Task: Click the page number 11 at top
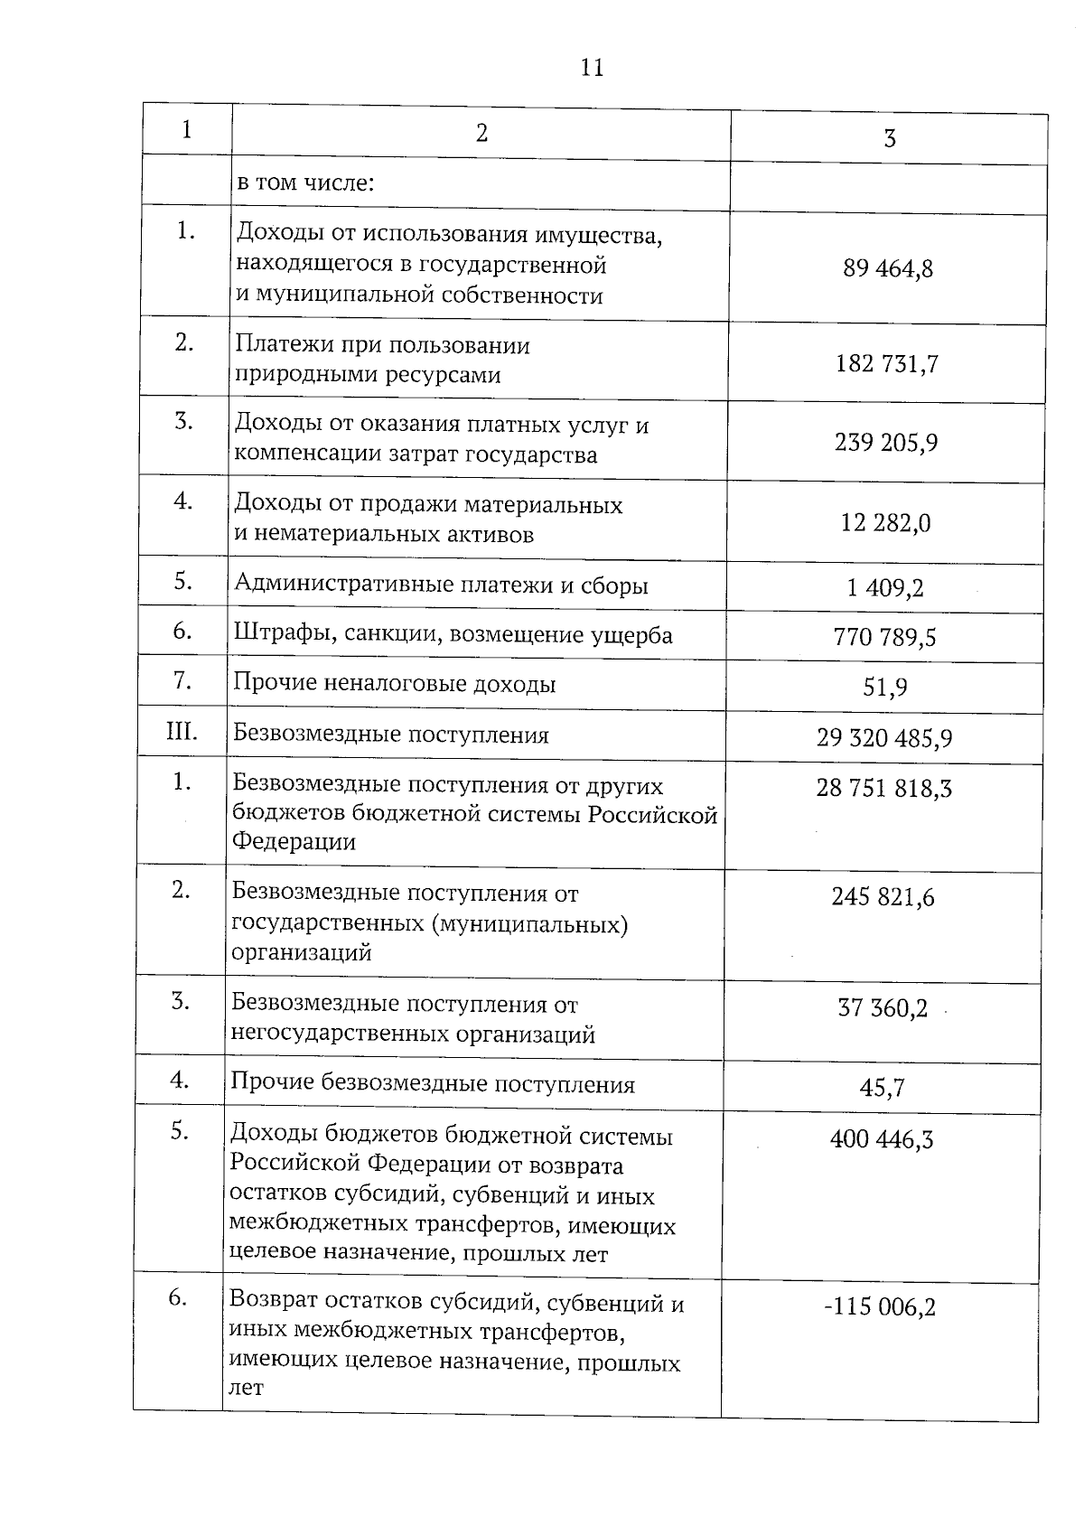click(592, 69)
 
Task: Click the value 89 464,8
click(888, 269)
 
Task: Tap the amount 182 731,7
click(887, 364)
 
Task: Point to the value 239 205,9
click(886, 444)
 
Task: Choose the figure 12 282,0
click(885, 523)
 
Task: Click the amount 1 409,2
click(885, 589)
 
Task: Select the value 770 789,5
click(884, 638)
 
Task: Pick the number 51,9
click(884, 688)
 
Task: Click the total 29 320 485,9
click(884, 739)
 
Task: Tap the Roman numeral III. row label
click(182, 731)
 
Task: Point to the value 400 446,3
click(882, 1140)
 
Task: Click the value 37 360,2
click(883, 1009)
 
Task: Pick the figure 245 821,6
click(883, 898)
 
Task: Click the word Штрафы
click(275, 636)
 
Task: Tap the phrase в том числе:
click(305, 184)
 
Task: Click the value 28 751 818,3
click(883, 789)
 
